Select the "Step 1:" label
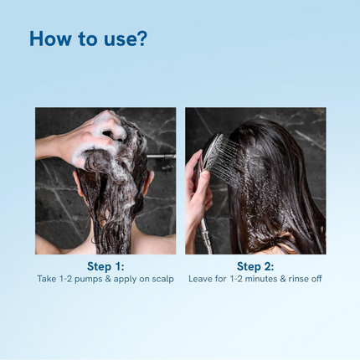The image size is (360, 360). (105, 266)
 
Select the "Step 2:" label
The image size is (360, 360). (255, 266)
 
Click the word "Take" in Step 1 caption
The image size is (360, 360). (46, 279)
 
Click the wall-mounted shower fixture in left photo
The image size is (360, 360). (163, 157)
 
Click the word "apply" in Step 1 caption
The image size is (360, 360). (123, 279)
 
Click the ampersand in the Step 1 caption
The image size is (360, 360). (108, 279)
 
